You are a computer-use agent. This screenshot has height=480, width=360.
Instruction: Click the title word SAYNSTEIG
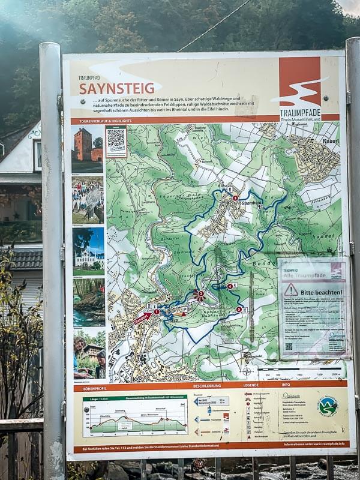coord(116,88)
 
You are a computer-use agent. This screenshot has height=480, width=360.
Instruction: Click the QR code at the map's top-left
coord(116,140)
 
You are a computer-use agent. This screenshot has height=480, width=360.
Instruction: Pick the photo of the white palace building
coord(88,251)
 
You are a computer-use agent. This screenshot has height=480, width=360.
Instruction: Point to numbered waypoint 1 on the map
coord(157,311)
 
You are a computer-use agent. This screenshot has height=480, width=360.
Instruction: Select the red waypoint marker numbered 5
coord(239,310)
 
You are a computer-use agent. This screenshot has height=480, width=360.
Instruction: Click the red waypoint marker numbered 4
coord(230,286)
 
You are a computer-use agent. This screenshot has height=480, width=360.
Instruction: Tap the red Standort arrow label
coord(142,317)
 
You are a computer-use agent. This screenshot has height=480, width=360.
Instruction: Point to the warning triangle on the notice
coord(291,290)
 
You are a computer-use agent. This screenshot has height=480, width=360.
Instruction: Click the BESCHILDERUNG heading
coord(207,386)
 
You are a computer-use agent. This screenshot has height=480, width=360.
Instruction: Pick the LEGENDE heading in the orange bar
coord(251,386)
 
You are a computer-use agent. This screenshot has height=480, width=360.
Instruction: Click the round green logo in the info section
coord(328,406)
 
